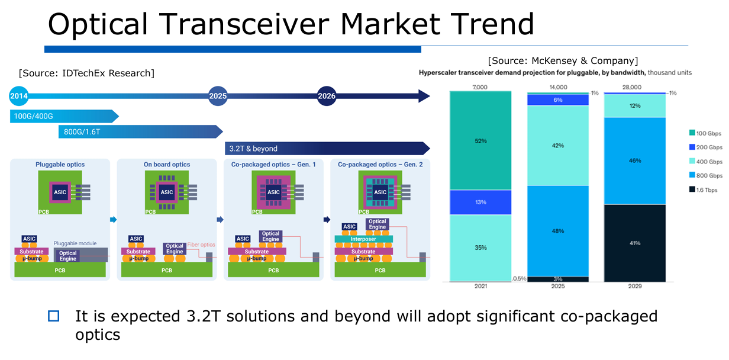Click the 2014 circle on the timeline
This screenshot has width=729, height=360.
[x=19, y=95]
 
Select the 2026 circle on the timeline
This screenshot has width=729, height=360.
[x=326, y=96]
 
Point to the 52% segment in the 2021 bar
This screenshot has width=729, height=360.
[x=480, y=141]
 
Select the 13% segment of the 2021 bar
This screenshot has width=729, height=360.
[x=480, y=202]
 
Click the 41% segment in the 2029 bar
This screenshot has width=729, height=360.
[x=635, y=243]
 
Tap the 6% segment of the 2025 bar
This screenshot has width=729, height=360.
[x=557, y=100]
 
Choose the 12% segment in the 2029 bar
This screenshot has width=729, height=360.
[x=635, y=105]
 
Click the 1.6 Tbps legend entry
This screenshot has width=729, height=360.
[x=704, y=190]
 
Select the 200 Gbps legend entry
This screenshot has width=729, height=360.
[x=704, y=147]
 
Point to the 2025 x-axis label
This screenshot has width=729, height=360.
[x=557, y=286]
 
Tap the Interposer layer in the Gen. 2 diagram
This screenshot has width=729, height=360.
[x=363, y=239]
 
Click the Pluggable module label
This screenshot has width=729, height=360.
[x=75, y=243]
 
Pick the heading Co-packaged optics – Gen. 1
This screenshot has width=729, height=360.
[x=273, y=165]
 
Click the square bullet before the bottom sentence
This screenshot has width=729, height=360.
[x=54, y=316]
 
